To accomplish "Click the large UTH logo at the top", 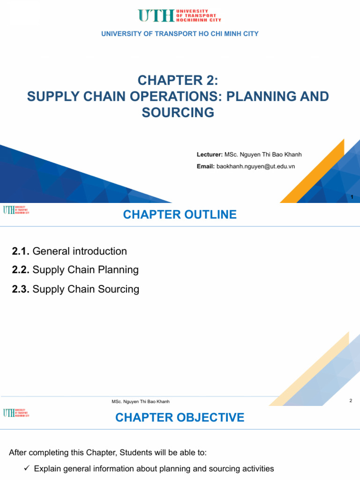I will point(180,15).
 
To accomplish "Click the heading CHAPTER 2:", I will point(178,81).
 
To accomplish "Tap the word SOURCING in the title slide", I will point(178,112).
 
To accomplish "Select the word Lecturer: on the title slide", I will point(210,155).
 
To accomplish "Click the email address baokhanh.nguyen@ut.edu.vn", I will point(255,166).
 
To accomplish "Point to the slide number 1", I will point(352,197).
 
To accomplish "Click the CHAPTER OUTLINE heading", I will point(180,215).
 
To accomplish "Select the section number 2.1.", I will point(21,251).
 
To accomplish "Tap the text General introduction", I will point(80,251).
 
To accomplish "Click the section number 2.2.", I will point(21,270).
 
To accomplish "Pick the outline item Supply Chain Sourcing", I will point(86,289).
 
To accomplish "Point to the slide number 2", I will point(351,400).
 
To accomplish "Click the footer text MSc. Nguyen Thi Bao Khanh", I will point(141,402).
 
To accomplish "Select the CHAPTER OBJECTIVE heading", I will point(180,418).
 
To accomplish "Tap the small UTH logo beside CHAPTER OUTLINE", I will point(16,210).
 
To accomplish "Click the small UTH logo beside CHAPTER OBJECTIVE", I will point(16,413).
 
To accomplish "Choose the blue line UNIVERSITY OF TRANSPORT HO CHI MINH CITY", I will point(180,34).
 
